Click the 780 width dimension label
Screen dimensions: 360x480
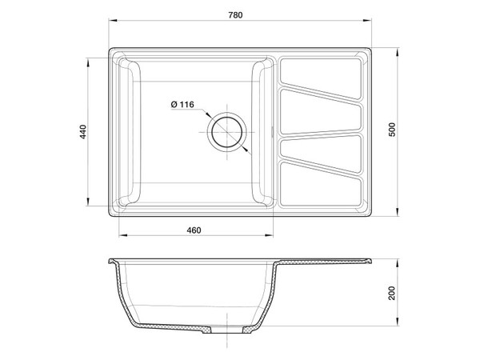pos(234,15)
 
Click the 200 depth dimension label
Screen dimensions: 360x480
pos(391,294)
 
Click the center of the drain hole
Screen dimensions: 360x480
pos(226,130)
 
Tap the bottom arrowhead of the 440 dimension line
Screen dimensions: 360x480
pos(89,203)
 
